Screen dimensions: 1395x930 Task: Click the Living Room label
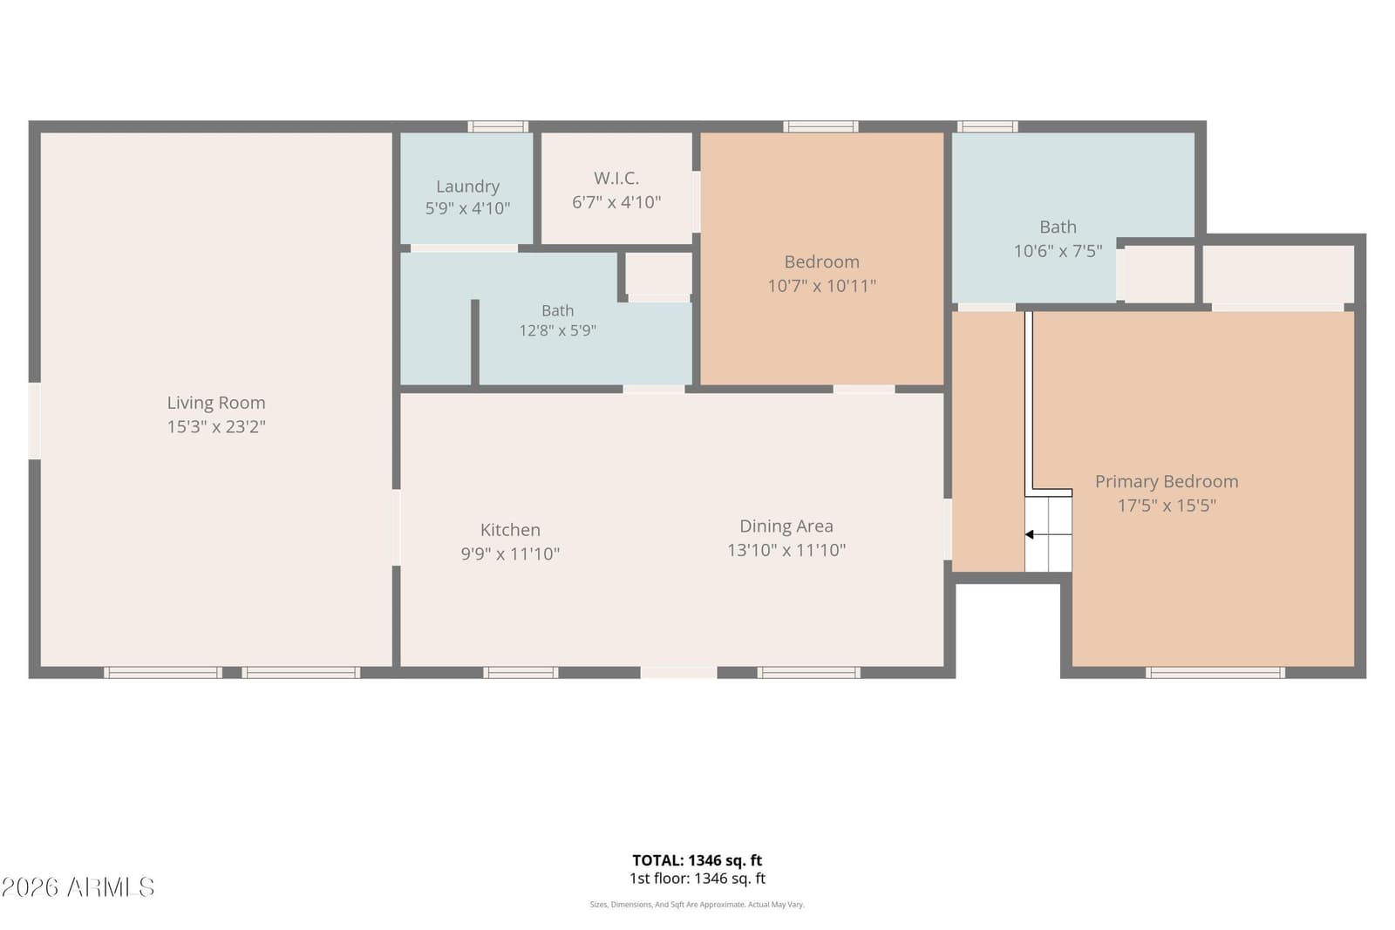point(216,403)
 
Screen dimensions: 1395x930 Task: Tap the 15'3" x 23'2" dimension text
point(216,426)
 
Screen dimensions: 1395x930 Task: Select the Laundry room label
point(467,187)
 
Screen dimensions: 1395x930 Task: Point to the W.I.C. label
point(616,178)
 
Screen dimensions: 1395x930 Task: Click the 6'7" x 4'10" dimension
point(616,201)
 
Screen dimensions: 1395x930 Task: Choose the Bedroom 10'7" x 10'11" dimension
point(822,286)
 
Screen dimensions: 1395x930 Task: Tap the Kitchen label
point(510,530)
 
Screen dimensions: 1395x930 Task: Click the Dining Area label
point(786,526)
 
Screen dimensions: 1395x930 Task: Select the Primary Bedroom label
point(1167,481)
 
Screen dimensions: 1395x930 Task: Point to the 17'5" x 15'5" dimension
point(1167,505)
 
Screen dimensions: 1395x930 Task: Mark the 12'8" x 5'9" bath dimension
point(557,330)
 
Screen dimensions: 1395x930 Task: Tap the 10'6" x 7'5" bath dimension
point(1058,251)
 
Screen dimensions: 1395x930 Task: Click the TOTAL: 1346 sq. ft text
point(697,860)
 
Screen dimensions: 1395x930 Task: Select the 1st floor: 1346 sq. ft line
point(697,879)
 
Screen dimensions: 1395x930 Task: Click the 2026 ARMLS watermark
point(78,887)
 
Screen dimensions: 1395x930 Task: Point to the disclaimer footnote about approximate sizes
point(697,905)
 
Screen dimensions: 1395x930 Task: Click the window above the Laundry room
point(498,126)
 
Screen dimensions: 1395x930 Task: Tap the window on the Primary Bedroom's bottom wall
point(1215,672)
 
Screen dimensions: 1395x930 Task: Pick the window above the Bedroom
point(820,126)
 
